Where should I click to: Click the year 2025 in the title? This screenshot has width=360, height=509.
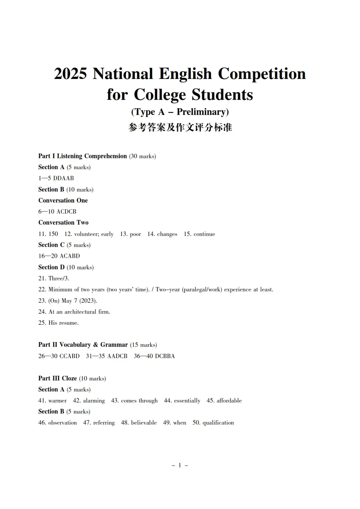[x=70, y=74]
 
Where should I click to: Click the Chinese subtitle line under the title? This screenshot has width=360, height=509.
[x=180, y=127]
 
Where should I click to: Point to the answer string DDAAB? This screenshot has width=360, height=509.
[x=64, y=178]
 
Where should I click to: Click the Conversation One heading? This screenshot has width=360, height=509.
[x=63, y=201]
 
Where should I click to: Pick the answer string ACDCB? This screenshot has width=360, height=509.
[x=67, y=212]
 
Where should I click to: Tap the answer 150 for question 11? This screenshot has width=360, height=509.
[x=53, y=234]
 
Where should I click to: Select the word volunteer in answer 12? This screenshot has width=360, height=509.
[x=86, y=234]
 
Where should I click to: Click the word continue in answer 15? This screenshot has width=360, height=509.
[x=204, y=234]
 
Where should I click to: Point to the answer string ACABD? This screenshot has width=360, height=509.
[x=70, y=256]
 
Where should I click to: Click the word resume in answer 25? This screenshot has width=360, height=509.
[x=68, y=323]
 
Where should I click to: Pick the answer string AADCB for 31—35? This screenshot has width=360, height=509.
[x=117, y=356]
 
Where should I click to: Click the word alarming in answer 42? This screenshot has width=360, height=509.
[x=94, y=400]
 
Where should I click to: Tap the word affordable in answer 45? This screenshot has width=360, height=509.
[x=229, y=400]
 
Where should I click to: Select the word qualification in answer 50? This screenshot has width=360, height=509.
[x=218, y=423]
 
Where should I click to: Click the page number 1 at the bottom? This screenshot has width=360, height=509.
[x=180, y=465]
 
